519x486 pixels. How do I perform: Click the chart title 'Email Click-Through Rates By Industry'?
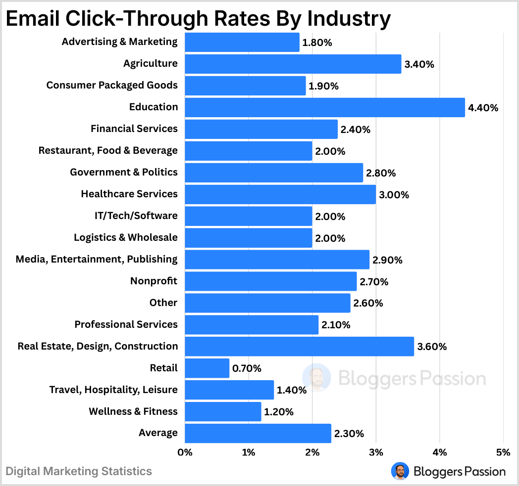[198, 19]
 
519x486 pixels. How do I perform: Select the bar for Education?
[325, 107]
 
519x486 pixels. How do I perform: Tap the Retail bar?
[207, 368]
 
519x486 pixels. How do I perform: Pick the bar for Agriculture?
[293, 64]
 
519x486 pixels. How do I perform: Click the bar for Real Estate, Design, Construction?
[299, 347]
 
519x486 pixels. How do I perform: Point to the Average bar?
[258, 434]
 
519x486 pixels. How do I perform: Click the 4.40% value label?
[483, 108]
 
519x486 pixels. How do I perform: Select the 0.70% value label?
[247, 368]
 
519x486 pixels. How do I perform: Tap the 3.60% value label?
[432, 347]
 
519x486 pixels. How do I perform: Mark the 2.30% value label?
[349, 434]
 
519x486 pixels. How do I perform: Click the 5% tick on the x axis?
[503, 452]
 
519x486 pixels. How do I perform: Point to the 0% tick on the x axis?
[185, 452]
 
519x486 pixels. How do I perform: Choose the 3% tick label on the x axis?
[376, 452]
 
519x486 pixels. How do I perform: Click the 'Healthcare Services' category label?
[129, 194]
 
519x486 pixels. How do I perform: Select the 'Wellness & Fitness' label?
[133, 411]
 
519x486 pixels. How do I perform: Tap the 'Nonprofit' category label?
[154, 281]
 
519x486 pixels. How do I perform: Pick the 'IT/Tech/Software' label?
[135, 216]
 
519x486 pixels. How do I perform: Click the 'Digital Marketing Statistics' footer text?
[79, 471]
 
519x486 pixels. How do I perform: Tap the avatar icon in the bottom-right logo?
[399, 471]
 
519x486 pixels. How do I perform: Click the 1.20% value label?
[279, 412]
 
